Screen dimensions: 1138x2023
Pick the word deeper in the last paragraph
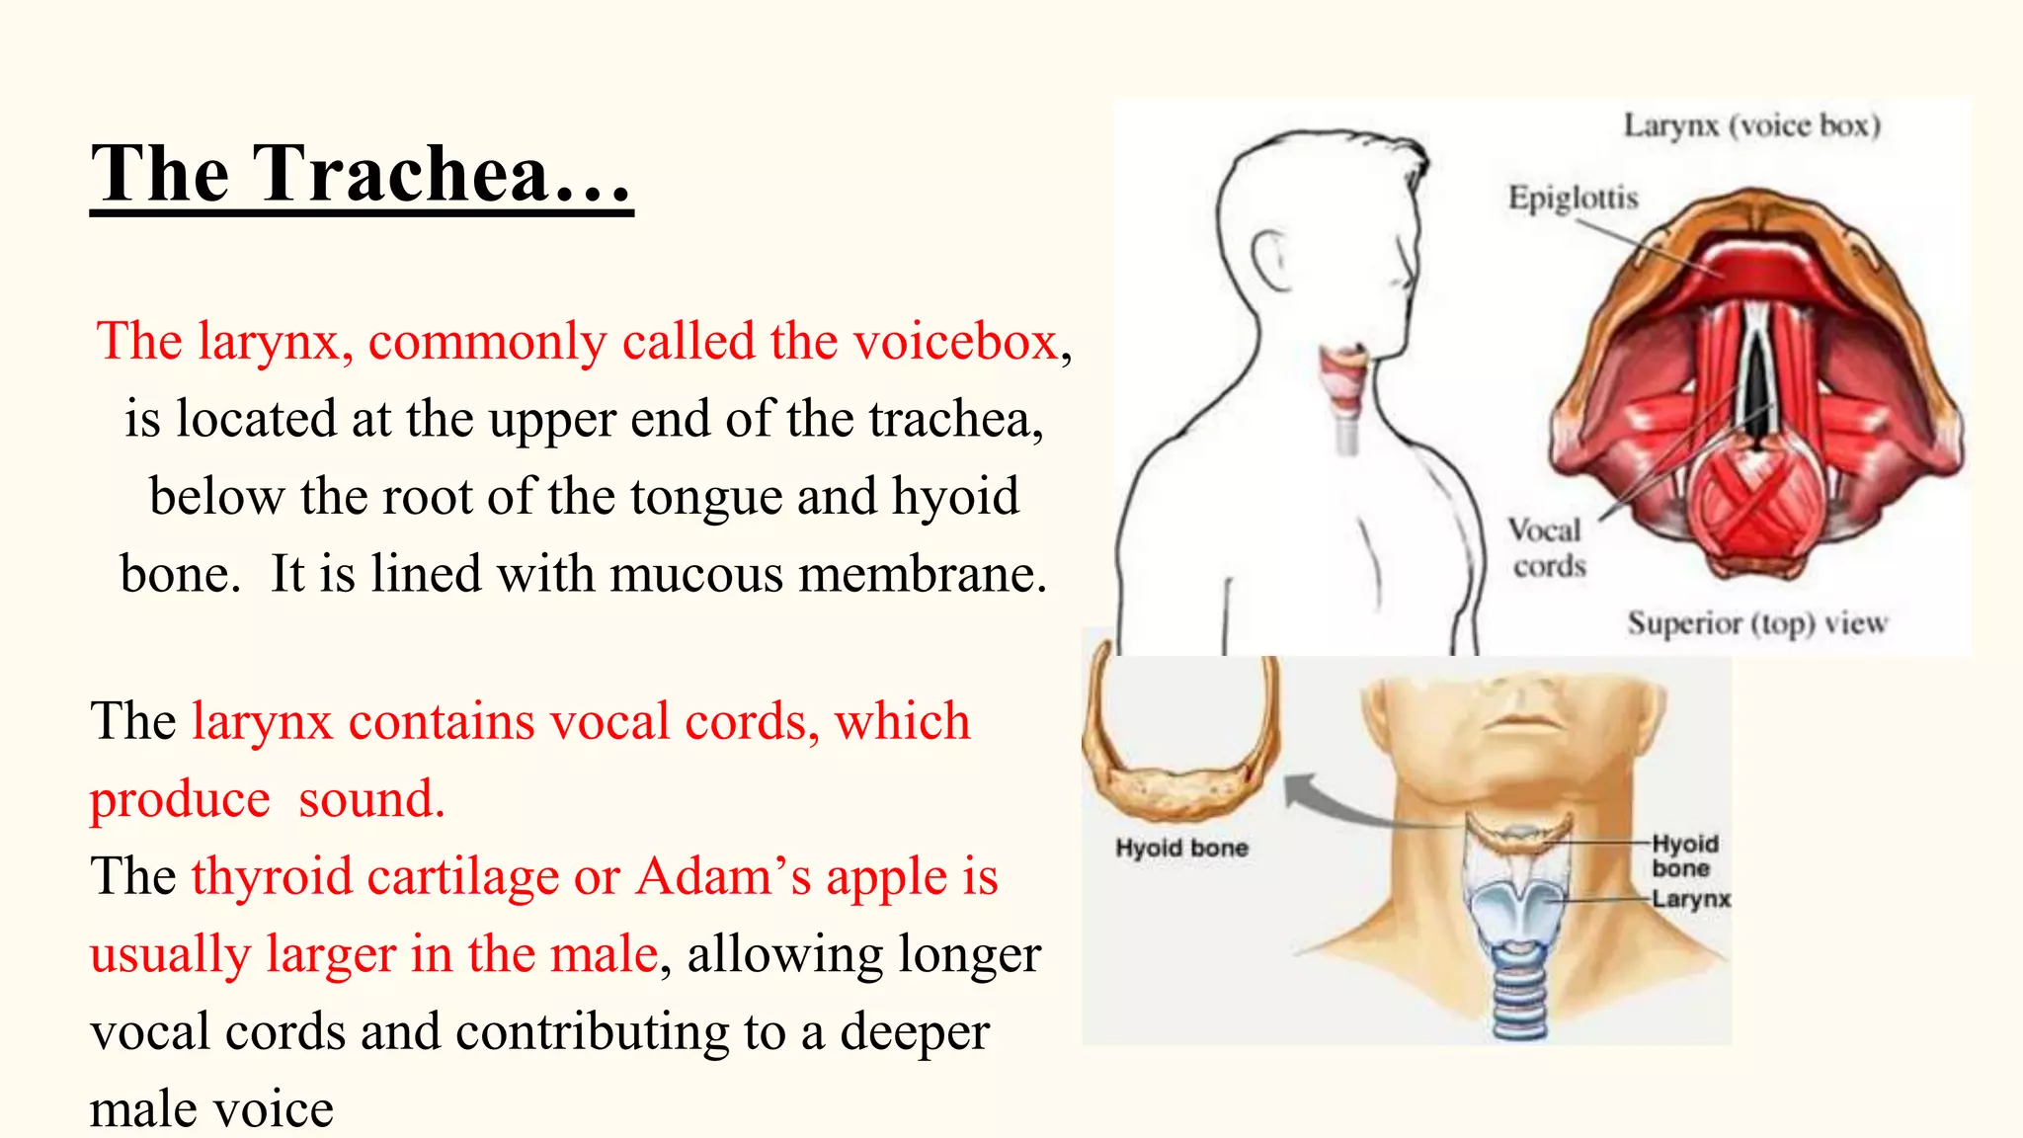point(914,1032)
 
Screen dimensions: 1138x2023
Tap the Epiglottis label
point(1573,199)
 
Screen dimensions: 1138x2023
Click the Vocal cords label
point(1547,548)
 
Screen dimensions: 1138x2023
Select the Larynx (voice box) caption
point(1752,126)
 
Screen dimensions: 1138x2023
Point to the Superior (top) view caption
point(1757,623)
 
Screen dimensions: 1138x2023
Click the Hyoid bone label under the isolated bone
point(1181,848)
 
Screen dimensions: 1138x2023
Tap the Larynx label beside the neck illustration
point(1691,899)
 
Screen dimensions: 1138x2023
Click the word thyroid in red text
point(272,877)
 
